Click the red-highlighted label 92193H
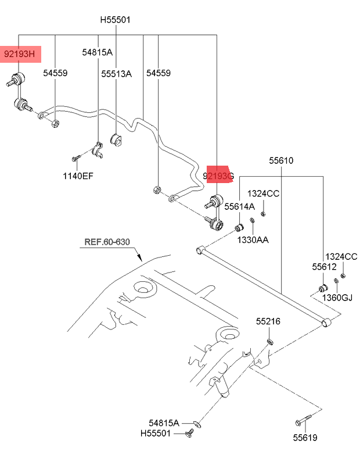point(19,54)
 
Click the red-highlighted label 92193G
point(218,176)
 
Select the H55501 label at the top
point(115,20)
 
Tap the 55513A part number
point(116,74)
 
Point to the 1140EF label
point(78,176)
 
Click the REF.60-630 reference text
point(107,242)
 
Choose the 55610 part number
point(281,160)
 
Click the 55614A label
point(239,206)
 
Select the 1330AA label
point(253,239)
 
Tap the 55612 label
point(324,267)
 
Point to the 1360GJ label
point(337,298)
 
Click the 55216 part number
point(268,321)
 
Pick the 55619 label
point(305,438)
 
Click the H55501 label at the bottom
point(156,433)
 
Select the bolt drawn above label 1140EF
point(76,158)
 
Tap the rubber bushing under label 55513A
point(116,140)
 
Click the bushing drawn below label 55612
point(323,288)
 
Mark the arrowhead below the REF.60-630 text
point(139,257)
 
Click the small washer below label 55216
point(270,342)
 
